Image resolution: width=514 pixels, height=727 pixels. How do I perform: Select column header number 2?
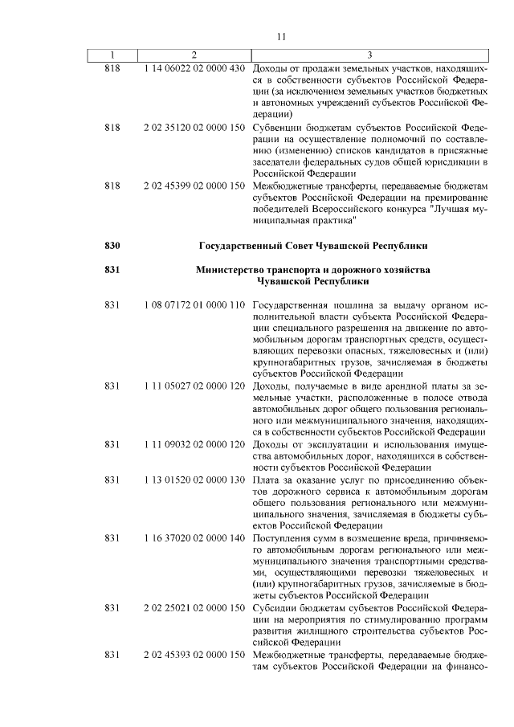(194, 55)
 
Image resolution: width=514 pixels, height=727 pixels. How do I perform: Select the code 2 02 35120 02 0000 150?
(194, 127)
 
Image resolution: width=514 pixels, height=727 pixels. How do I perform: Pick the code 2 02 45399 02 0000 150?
(194, 185)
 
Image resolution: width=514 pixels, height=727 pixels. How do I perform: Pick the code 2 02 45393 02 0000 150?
(194, 655)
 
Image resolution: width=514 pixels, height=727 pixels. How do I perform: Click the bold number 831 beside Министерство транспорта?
(112, 270)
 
